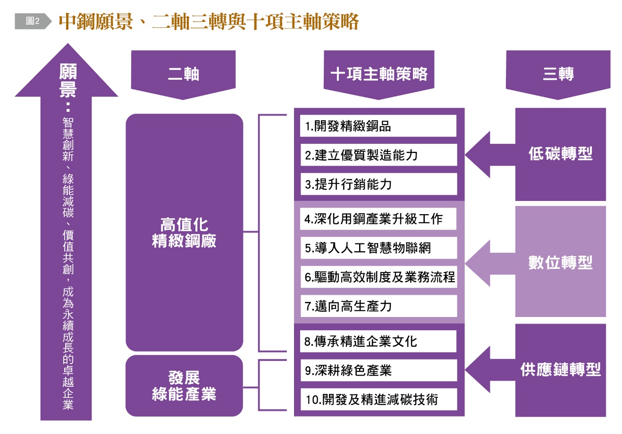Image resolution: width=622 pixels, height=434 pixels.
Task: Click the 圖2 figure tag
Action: tap(32, 21)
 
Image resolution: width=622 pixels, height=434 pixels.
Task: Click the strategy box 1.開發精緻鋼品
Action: tap(378, 126)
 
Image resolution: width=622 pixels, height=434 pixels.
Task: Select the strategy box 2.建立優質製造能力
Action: tap(378, 155)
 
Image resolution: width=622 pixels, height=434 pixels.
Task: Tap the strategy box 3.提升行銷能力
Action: tap(378, 184)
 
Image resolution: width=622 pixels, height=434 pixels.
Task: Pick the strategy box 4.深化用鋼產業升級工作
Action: tap(378, 219)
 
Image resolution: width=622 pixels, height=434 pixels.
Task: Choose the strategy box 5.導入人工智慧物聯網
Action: tap(378, 248)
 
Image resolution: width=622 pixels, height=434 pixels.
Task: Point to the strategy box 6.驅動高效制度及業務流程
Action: tap(378, 277)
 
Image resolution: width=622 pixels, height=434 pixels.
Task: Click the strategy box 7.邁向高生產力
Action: tap(378, 306)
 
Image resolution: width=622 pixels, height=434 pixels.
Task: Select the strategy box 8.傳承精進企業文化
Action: tap(378, 341)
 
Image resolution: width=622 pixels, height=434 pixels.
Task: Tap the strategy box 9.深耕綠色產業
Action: tap(378, 370)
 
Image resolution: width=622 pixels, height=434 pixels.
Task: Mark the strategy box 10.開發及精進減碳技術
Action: tap(378, 400)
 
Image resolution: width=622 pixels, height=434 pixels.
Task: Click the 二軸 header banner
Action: tap(183, 74)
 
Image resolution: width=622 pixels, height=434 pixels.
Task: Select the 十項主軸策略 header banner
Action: tap(379, 74)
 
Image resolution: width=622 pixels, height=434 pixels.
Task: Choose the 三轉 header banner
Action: tap(558, 74)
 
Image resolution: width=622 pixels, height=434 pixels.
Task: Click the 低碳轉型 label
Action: tap(560, 154)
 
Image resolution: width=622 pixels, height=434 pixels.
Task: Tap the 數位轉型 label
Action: tap(560, 262)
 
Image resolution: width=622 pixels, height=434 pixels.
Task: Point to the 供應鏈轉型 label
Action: tap(560, 369)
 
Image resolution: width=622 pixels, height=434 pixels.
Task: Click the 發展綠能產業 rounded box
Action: tap(184, 386)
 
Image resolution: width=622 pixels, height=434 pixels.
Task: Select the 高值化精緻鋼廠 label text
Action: tap(184, 233)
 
